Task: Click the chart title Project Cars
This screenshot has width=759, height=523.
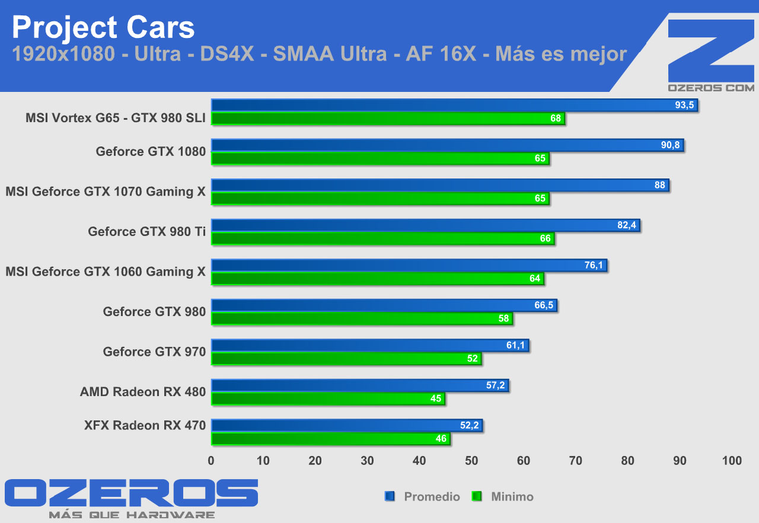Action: [x=103, y=27]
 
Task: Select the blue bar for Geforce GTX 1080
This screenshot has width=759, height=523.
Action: [x=447, y=145]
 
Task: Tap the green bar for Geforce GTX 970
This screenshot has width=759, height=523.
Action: [x=346, y=359]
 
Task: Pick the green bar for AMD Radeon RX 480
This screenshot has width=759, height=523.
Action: [x=328, y=399]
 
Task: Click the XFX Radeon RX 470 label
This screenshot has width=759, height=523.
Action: [x=145, y=425]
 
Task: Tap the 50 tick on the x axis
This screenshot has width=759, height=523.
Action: [x=471, y=461]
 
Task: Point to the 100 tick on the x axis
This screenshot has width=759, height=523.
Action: [x=732, y=461]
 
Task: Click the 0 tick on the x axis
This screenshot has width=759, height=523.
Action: [x=212, y=461]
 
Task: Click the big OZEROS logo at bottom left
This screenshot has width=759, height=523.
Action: [x=132, y=493]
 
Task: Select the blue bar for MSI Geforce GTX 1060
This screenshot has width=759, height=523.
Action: [x=409, y=266]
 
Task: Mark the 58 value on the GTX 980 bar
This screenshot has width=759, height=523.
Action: [x=504, y=319]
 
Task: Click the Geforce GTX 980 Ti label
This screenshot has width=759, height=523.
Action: [x=146, y=231]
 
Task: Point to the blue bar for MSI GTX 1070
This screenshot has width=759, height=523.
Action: [x=440, y=186]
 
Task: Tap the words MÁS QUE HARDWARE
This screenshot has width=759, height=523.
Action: [x=132, y=515]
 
